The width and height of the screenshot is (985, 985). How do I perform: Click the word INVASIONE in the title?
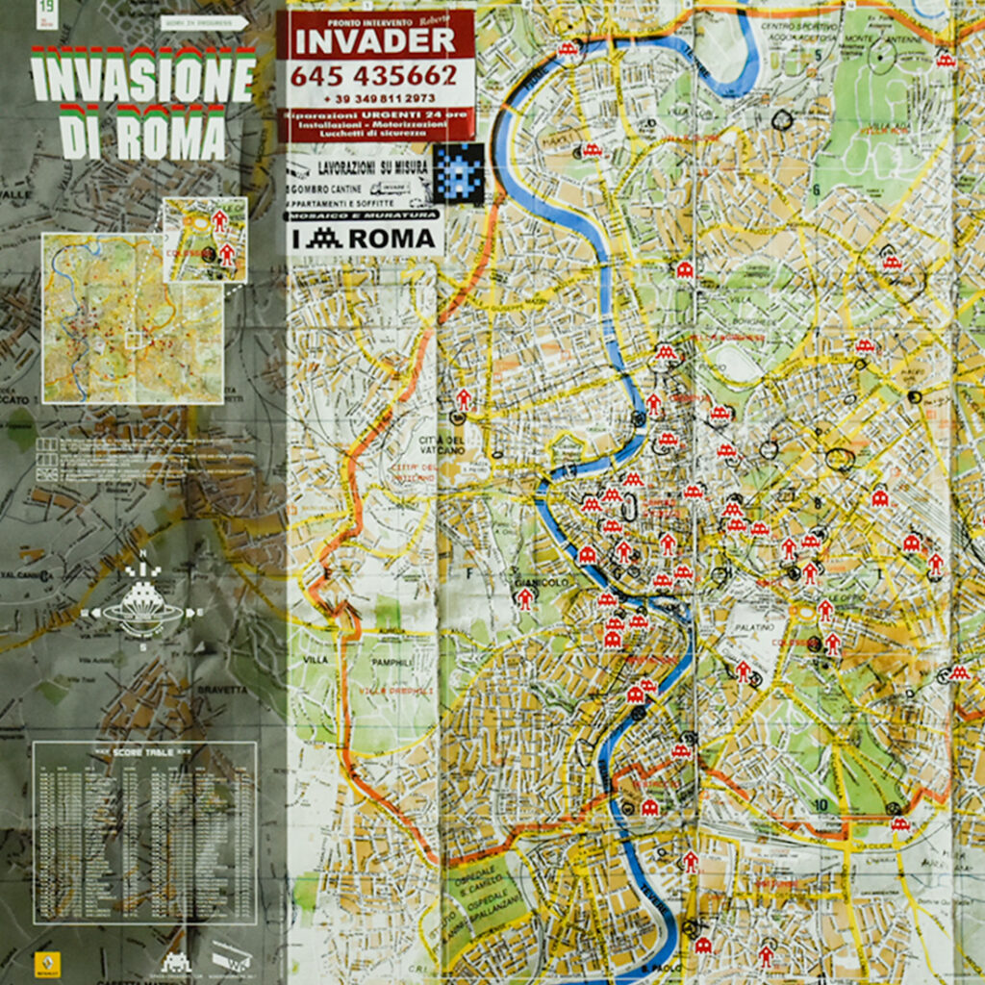(x=143, y=76)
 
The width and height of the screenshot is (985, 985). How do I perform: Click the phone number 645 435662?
(x=373, y=75)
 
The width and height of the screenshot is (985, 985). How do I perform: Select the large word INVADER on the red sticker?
(x=374, y=40)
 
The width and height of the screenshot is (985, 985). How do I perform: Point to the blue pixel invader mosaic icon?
(x=457, y=169)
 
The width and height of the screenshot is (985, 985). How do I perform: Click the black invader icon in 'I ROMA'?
(x=328, y=240)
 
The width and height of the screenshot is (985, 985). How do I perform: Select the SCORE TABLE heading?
(x=144, y=752)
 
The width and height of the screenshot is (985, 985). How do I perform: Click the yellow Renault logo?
(x=42, y=964)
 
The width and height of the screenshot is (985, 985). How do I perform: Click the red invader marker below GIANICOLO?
(x=524, y=598)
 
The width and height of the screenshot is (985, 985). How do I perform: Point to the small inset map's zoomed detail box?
(x=205, y=239)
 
